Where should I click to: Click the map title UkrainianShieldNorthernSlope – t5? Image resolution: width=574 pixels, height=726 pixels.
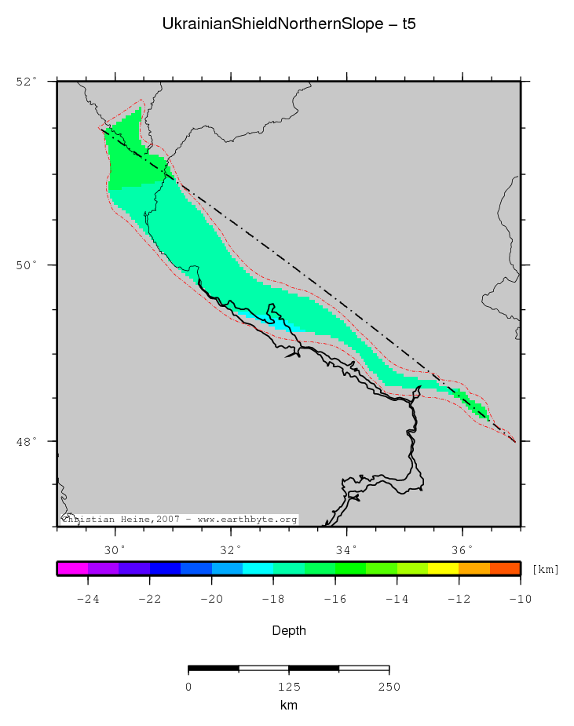(288, 24)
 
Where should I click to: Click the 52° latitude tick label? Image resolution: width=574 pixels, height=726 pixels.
(27, 81)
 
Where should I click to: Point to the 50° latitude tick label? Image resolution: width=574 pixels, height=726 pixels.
(27, 265)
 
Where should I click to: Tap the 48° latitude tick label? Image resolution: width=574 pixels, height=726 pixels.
(27, 441)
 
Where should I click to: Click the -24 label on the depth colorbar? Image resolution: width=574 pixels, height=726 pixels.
(87, 600)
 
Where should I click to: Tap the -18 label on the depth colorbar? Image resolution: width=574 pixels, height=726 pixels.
(273, 600)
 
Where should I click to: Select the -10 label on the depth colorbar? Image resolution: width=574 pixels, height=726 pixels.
(520, 600)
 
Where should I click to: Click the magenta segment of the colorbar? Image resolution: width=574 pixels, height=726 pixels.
(72, 569)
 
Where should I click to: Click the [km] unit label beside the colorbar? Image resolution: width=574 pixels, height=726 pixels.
(545, 569)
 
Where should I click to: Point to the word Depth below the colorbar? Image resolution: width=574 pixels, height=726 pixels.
(288, 630)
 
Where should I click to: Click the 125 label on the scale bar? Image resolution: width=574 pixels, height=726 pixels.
(289, 687)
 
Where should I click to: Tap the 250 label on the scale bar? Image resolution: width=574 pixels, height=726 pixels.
(389, 687)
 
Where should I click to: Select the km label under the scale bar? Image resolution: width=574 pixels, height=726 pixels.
(288, 705)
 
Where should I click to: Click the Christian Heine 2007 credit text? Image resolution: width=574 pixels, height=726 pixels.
(179, 520)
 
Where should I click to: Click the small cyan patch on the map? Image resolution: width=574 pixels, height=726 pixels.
(280, 323)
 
